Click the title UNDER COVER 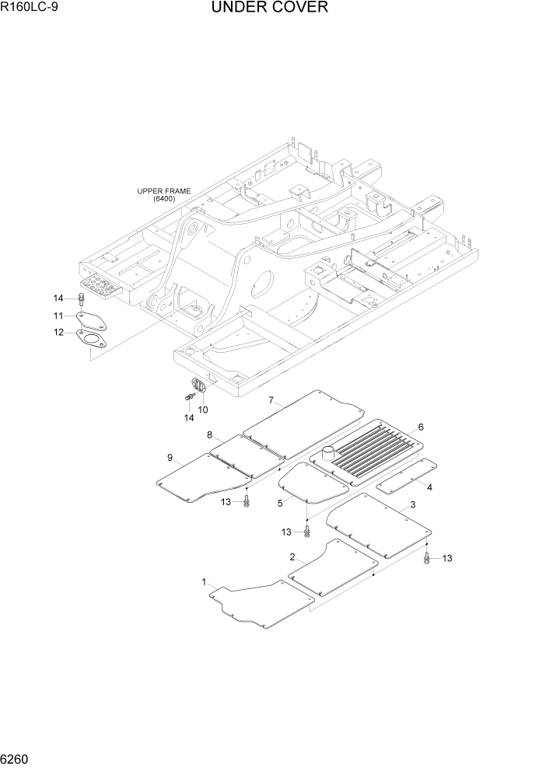coord(268,9)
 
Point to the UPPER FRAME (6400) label coord(164,194)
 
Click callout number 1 coord(204,582)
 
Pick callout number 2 coord(292,557)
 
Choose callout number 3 coord(412,505)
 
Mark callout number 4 coord(429,487)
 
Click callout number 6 coord(420,427)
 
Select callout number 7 coord(271,400)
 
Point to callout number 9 coord(170,458)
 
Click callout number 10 coord(204,409)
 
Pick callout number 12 coord(58,333)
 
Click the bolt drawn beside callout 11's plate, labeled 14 coord(81,299)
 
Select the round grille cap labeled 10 coord(197,385)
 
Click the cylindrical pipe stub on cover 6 coord(327,452)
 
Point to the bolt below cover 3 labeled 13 coord(427,557)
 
